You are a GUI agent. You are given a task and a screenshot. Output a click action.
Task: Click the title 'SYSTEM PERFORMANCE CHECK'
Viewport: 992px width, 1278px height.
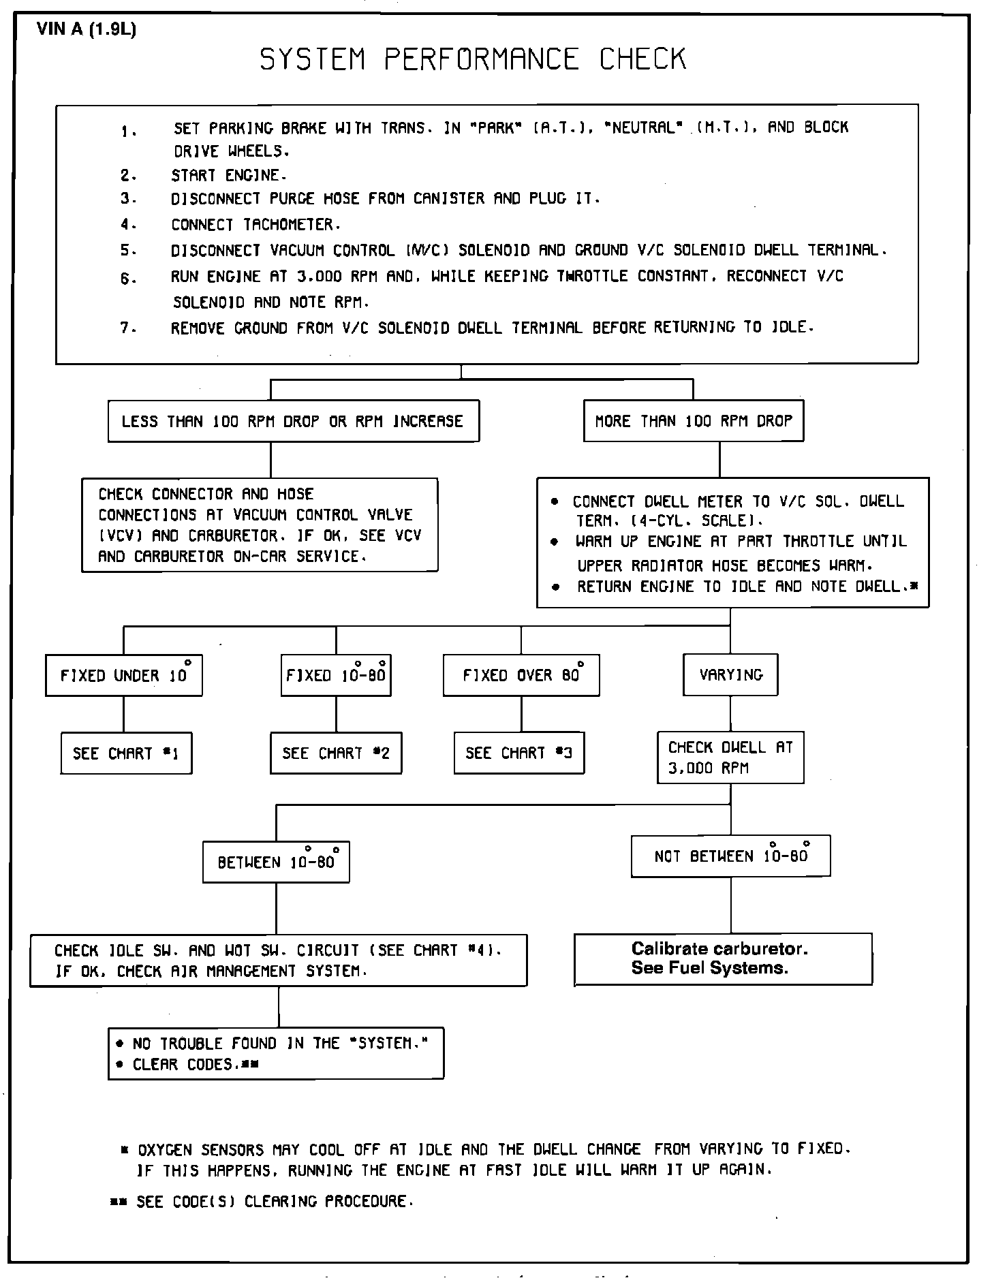473,59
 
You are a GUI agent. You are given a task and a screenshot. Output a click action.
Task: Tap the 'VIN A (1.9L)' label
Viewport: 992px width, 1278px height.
87,31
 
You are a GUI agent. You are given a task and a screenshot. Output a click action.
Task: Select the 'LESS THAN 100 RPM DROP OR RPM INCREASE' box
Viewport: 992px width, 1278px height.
293,421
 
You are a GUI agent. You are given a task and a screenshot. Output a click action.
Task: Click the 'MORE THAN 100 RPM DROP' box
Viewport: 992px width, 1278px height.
694,421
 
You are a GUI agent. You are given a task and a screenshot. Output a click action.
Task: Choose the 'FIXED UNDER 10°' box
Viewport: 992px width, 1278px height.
124,675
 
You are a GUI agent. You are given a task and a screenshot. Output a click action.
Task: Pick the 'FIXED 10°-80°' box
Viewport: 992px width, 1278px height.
336,675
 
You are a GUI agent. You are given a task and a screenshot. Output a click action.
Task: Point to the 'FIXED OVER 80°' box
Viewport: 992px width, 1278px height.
521,675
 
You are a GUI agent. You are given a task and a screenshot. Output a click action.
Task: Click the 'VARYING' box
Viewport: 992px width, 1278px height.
730,675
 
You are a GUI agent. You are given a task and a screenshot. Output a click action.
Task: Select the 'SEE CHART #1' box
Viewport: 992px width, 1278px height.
126,753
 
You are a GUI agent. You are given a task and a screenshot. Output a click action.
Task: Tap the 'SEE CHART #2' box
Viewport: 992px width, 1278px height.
336,753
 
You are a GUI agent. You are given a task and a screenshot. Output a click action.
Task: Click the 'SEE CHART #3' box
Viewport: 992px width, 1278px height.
519,753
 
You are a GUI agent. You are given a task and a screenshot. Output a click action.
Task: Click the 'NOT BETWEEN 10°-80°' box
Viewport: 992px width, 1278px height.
731,856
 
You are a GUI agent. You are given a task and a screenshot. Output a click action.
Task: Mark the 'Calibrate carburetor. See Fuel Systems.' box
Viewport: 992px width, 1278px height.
723,958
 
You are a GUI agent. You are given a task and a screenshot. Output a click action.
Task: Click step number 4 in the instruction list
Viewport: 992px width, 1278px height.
127,225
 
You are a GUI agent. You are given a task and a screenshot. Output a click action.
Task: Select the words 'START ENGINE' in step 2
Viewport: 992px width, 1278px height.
226,176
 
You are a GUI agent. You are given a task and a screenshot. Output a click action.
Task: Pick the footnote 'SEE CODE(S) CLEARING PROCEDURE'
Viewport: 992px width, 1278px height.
275,1202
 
